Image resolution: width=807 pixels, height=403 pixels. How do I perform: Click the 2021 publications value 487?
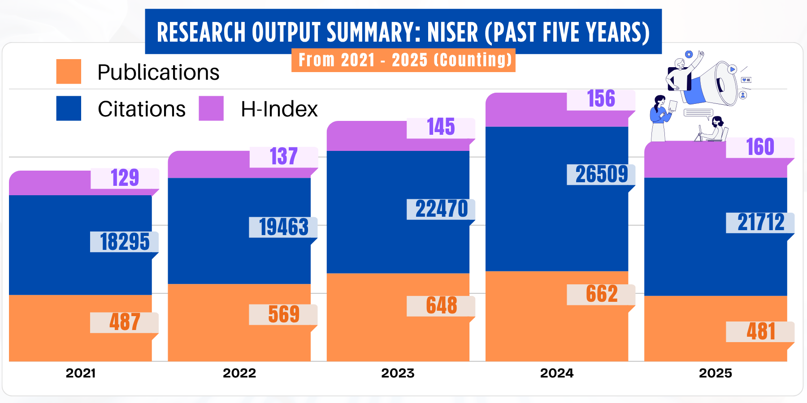click(125, 322)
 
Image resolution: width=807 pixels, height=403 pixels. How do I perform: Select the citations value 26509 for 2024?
click(601, 174)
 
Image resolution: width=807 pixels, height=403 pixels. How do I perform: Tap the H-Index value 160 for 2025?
click(760, 147)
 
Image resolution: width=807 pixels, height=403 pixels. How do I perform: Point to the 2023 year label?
click(398, 373)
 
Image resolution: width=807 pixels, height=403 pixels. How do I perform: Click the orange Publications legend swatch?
click(69, 72)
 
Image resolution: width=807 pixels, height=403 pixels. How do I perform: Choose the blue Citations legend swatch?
click(69, 108)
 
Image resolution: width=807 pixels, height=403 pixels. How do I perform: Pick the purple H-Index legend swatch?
click(211, 108)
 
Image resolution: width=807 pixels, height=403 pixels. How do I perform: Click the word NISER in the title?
click(452, 32)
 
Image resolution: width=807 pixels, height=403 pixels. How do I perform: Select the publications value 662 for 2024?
click(601, 294)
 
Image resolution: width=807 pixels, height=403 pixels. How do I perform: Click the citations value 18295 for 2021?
click(125, 242)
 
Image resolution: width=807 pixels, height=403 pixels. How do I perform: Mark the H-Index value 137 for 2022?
click(283, 157)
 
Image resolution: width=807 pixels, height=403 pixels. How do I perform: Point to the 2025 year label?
click(715, 373)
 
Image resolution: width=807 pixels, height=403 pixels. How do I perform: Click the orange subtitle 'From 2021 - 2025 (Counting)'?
click(403, 60)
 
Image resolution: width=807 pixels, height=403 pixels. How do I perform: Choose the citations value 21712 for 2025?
click(760, 223)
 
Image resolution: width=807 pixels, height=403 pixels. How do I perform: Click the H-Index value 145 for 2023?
click(441, 127)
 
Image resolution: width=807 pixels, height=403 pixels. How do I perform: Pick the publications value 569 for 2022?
click(283, 314)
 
